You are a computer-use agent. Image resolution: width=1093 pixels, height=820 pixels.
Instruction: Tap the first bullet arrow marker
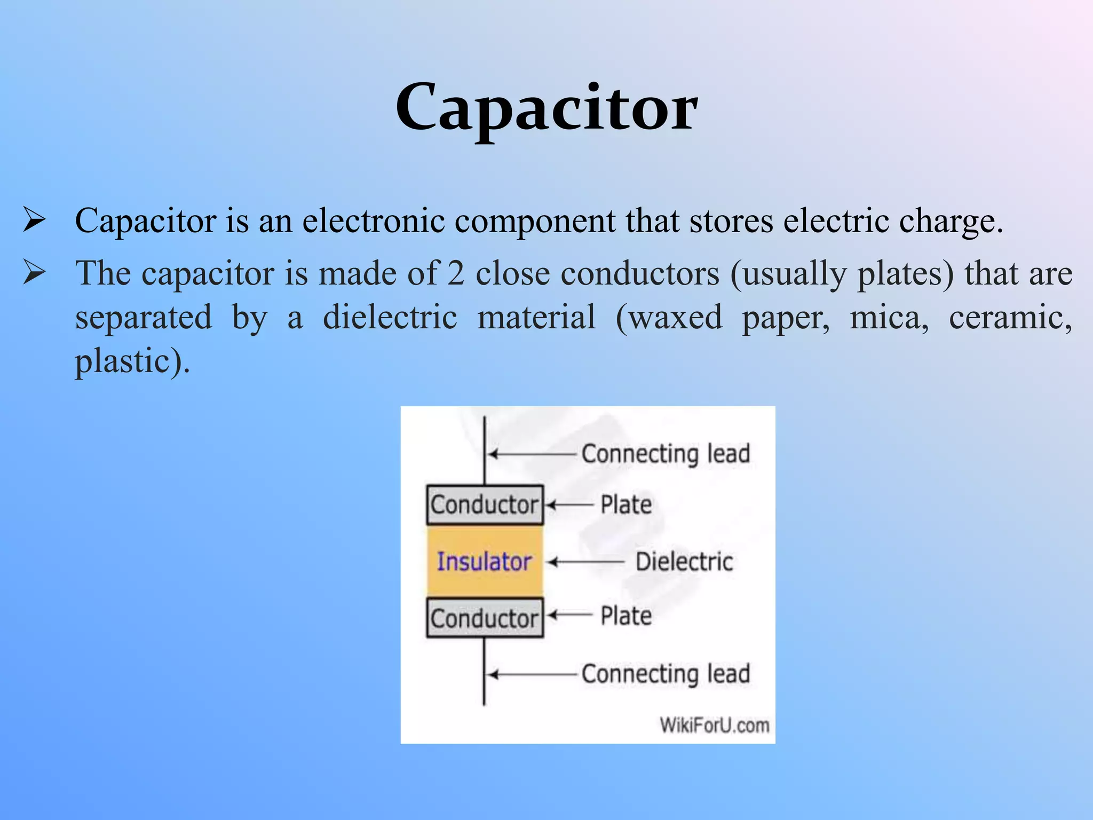coord(34,220)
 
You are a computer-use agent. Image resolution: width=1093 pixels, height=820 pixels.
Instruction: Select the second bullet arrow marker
coord(34,273)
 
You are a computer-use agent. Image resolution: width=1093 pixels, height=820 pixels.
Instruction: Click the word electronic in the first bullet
coord(373,220)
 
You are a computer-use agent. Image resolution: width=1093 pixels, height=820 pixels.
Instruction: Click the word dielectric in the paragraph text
coord(390,317)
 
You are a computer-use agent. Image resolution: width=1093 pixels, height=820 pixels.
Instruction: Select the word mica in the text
coord(889,317)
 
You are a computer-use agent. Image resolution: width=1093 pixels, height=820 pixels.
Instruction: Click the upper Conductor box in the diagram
coord(485,504)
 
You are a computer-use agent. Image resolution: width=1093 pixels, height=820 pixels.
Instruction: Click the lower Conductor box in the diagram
coord(485,618)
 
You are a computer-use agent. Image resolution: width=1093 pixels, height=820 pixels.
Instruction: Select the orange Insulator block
coord(485,562)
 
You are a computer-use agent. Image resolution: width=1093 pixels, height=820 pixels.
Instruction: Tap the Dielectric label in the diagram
coord(684,562)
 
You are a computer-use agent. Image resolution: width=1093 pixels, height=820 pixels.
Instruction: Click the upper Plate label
coord(626,504)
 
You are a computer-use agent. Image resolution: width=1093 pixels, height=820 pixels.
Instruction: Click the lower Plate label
coord(626,616)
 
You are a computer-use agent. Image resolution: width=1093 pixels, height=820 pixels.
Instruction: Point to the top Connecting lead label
coord(666,454)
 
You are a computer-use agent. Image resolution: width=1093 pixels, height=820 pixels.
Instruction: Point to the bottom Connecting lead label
coord(666,674)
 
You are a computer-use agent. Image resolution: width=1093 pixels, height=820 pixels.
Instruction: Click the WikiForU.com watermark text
coord(714,725)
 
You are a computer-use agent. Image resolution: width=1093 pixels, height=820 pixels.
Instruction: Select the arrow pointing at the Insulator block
coord(586,562)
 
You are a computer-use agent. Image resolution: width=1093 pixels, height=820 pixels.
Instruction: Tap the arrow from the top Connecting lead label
coord(531,454)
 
